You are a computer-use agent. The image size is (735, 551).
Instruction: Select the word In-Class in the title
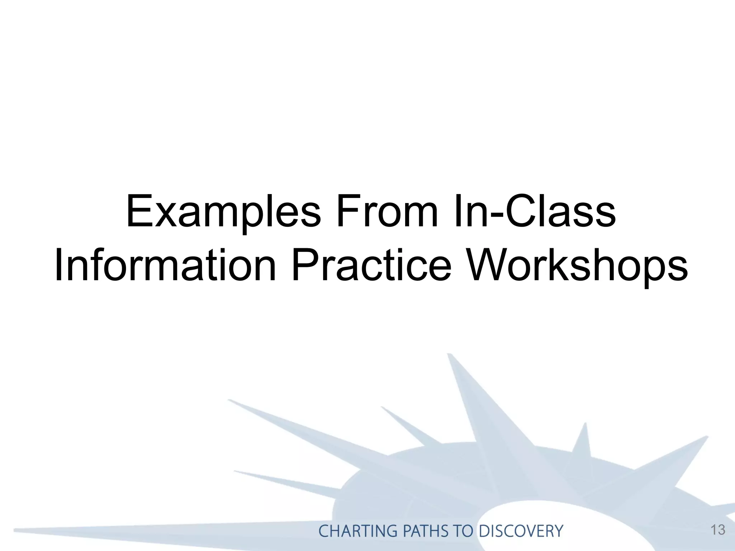coord(535,212)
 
